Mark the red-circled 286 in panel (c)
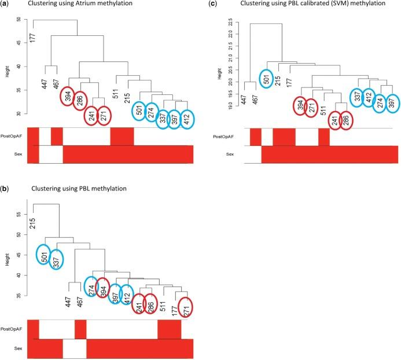(345, 120)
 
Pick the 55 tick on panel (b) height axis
(19, 214)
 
